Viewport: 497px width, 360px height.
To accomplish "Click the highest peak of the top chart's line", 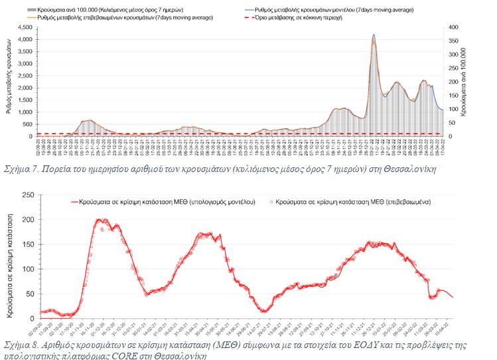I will [374, 35].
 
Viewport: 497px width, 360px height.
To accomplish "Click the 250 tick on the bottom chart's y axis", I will [28, 195].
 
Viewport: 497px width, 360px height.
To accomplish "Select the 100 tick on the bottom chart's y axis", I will [28, 269].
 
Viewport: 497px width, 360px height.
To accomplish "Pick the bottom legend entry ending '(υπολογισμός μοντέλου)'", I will [159, 199].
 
